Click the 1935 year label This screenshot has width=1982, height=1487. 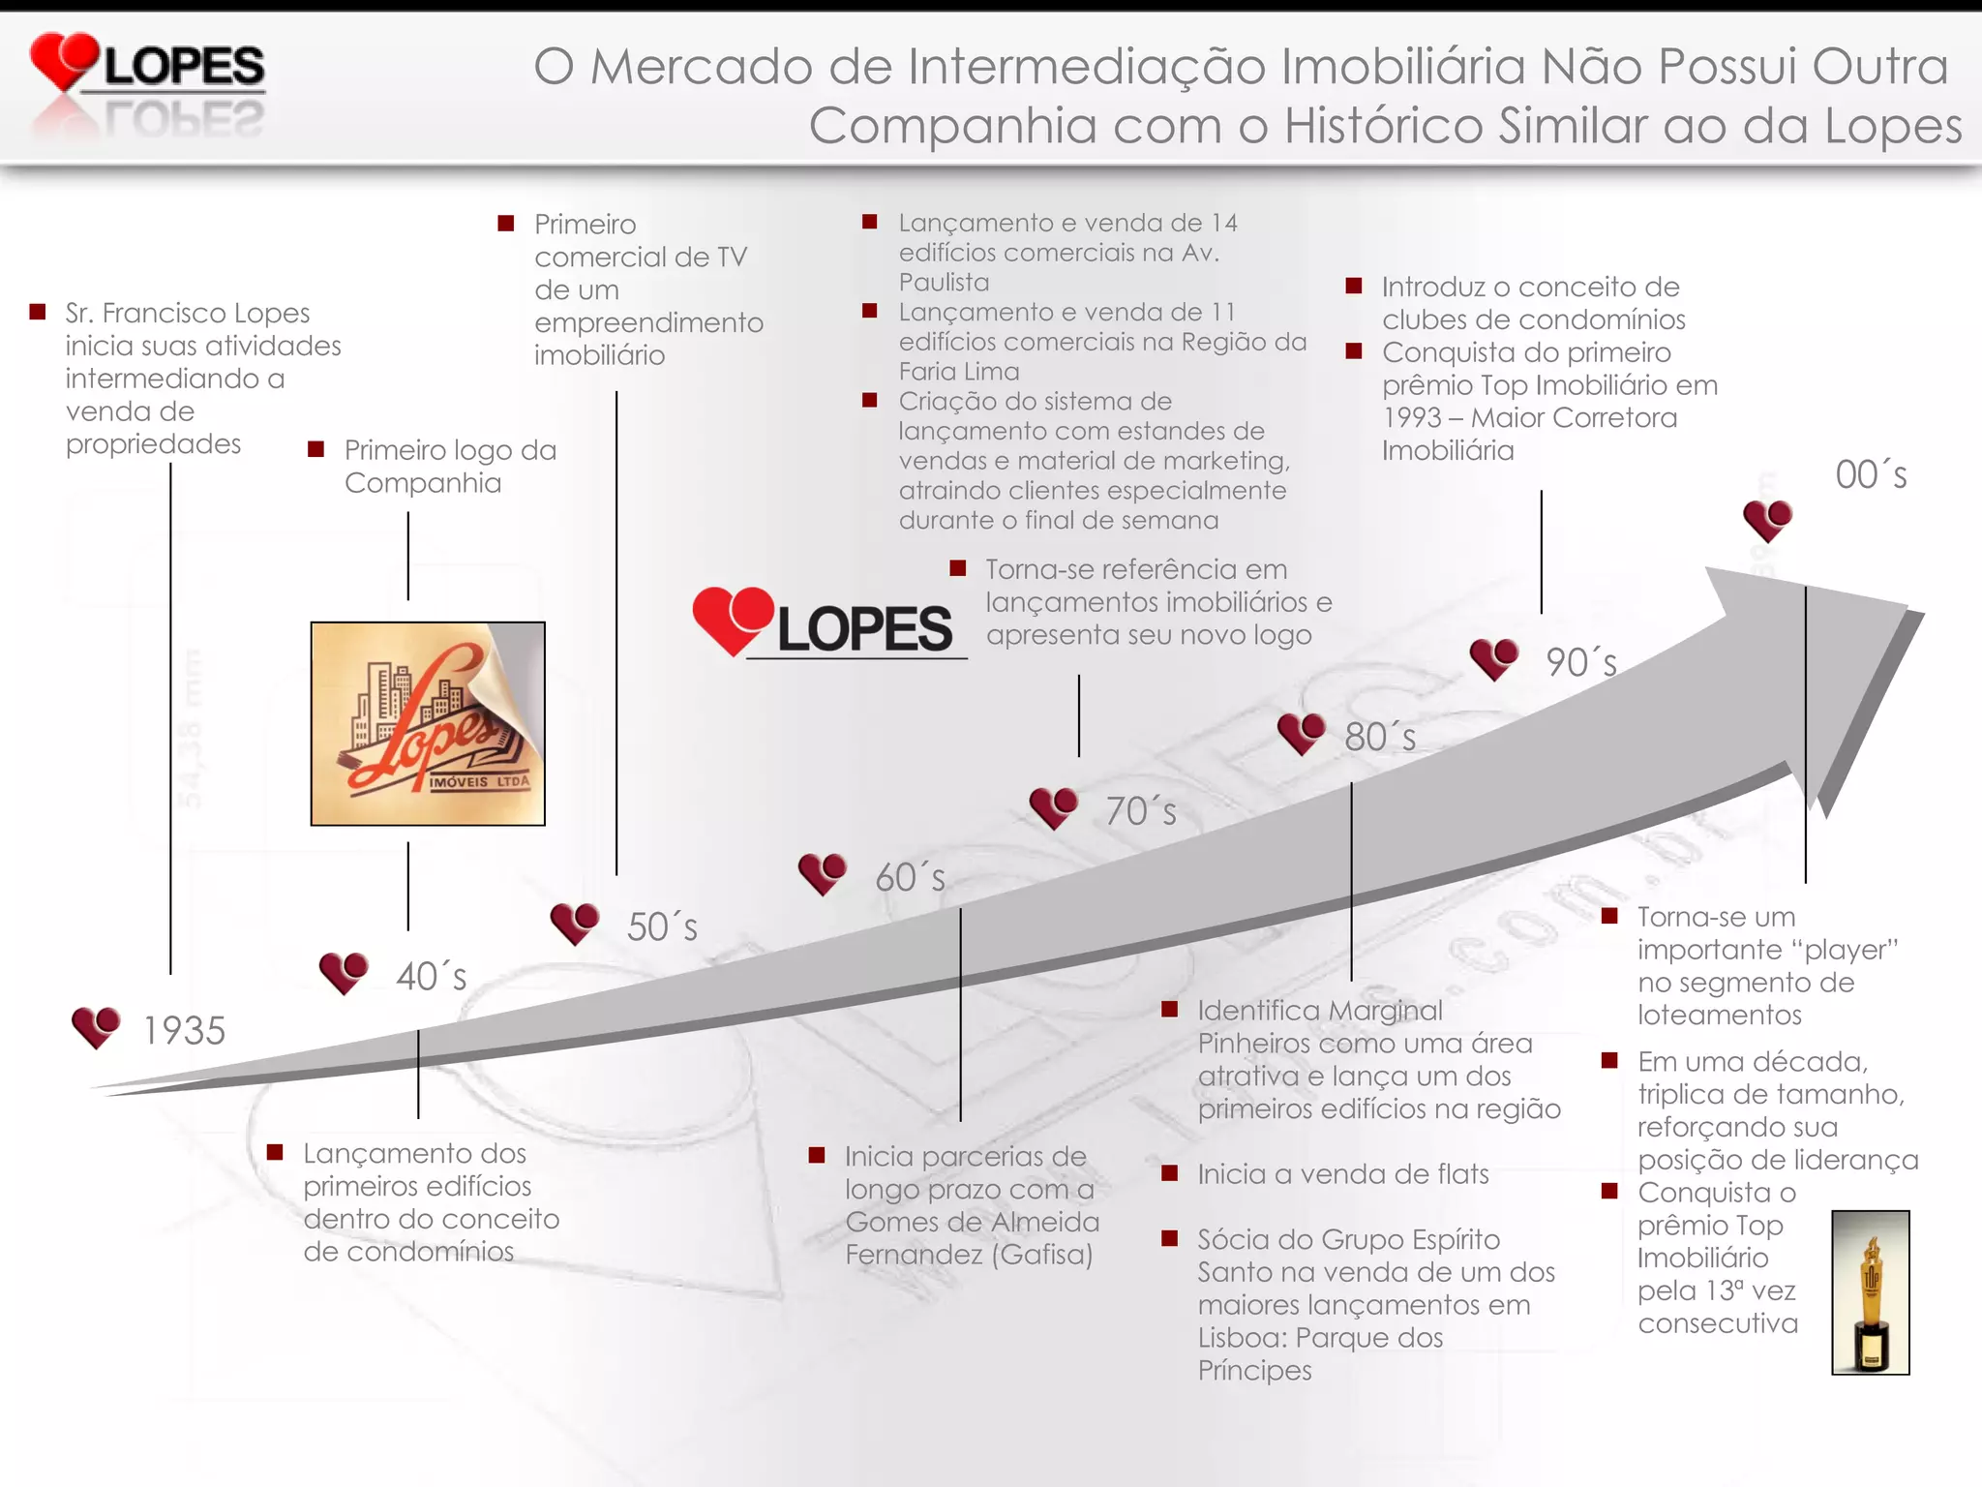click(x=184, y=1031)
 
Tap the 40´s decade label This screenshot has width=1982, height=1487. click(x=432, y=976)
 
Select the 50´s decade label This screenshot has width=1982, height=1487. click(x=662, y=926)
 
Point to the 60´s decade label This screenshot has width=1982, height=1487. click(x=910, y=877)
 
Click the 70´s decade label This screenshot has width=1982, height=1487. click(x=1141, y=811)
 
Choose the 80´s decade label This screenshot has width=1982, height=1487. click(x=1380, y=738)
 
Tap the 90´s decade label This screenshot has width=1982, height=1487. click(x=1581, y=663)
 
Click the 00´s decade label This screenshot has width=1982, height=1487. click(x=1871, y=475)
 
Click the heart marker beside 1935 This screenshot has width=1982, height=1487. click(x=96, y=1026)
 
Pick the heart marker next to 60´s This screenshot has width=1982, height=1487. click(x=823, y=873)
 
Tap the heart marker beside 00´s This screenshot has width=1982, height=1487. click(x=1767, y=520)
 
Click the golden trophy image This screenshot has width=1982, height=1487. click(x=1870, y=1291)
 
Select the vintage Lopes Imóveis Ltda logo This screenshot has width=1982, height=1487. click(x=428, y=724)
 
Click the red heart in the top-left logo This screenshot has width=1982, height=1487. click(x=64, y=60)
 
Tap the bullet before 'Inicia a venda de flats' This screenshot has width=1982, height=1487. click(x=1170, y=1173)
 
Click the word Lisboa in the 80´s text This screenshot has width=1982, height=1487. click(x=1242, y=1338)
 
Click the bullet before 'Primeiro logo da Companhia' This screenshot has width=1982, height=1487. click(x=315, y=449)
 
